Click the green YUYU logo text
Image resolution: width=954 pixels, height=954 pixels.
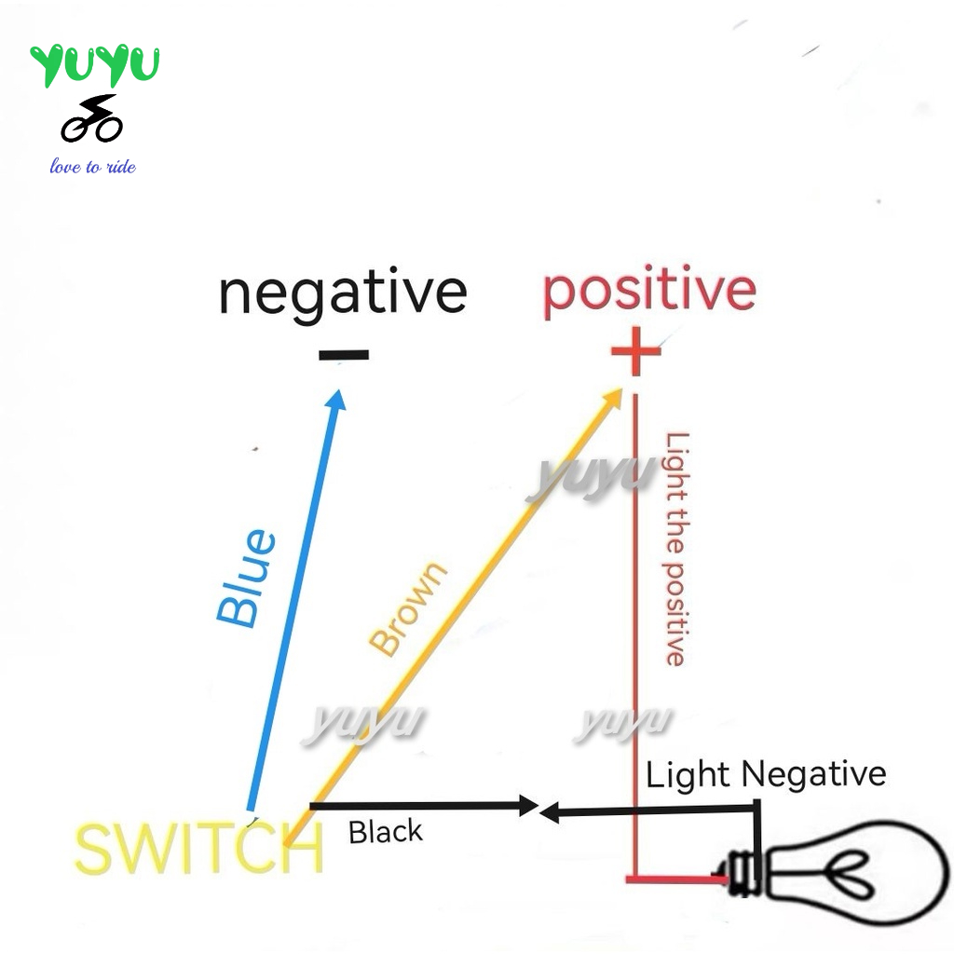click(x=95, y=65)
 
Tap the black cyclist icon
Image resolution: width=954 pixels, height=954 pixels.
click(x=91, y=118)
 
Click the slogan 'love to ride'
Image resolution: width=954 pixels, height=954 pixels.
click(x=92, y=167)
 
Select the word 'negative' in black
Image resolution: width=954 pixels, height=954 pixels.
click(x=342, y=293)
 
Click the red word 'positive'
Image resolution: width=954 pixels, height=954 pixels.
click(x=649, y=290)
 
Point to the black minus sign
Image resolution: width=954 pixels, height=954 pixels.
click(x=343, y=355)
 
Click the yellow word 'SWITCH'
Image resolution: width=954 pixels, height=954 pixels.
click(x=198, y=849)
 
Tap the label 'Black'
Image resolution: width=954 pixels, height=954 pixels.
click(x=385, y=831)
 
